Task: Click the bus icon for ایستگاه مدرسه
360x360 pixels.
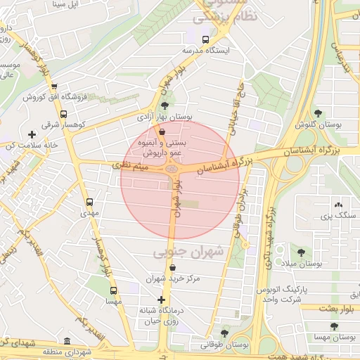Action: pyautogui.click(x=205, y=40)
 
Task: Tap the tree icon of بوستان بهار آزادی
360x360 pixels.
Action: pyautogui.click(x=165, y=105)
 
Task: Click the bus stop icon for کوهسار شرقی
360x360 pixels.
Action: pyautogui.click(x=64, y=114)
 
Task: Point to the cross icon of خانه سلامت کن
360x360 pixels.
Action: pyautogui.click(x=31, y=134)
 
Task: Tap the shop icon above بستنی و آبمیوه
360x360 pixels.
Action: pyautogui.click(x=163, y=131)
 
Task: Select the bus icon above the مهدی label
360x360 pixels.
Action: pyautogui.click(x=88, y=200)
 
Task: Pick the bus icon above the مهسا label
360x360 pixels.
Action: pyautogui.click(x=113, y=290)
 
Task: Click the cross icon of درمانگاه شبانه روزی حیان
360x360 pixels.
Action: pyautogui.click(x=161, y=300)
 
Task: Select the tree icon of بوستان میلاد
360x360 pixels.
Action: pyautogui.click(x=301, y=252)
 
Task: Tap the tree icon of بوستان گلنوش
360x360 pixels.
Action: pyautogui.click(x=319, y=112)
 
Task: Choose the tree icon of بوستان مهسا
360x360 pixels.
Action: pyautogui.click(x=334, y=326)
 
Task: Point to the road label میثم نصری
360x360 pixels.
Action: pyautogui.click(x=131, y=166)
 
